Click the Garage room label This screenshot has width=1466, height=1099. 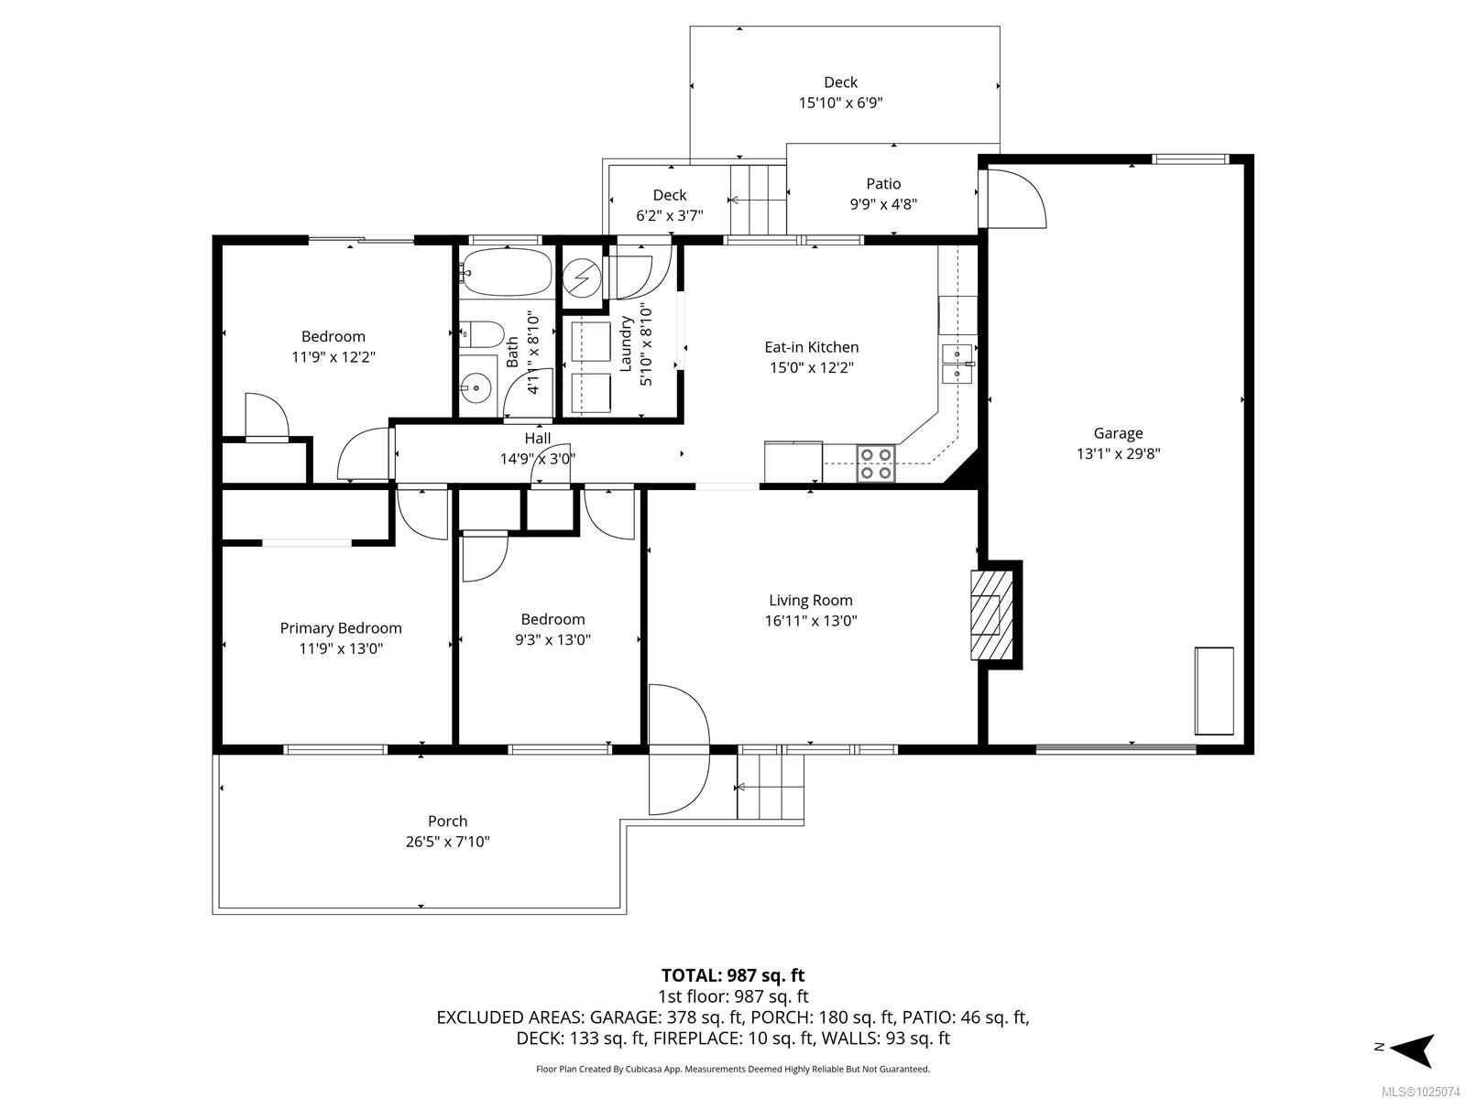click(1118, 433)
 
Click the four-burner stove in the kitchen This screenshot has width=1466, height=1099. click(876, 463)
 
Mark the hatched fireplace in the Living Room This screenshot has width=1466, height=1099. click(991, 615)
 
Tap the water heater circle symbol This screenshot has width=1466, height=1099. click(582, 277)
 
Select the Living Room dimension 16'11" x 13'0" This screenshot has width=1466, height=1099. click(810, 621)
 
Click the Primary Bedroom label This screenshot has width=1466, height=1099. click(341, 628)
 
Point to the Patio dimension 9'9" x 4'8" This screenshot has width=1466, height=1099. click(883, 204)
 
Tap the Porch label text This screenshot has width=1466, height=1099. click(447, 821)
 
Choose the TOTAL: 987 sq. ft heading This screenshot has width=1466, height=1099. click(733, 975)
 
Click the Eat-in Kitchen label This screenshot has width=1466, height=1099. click(812, 347)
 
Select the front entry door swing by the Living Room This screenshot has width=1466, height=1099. click(679, 748)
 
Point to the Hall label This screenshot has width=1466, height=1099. click(537, 439)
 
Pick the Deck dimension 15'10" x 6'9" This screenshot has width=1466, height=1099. click(841, 103)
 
